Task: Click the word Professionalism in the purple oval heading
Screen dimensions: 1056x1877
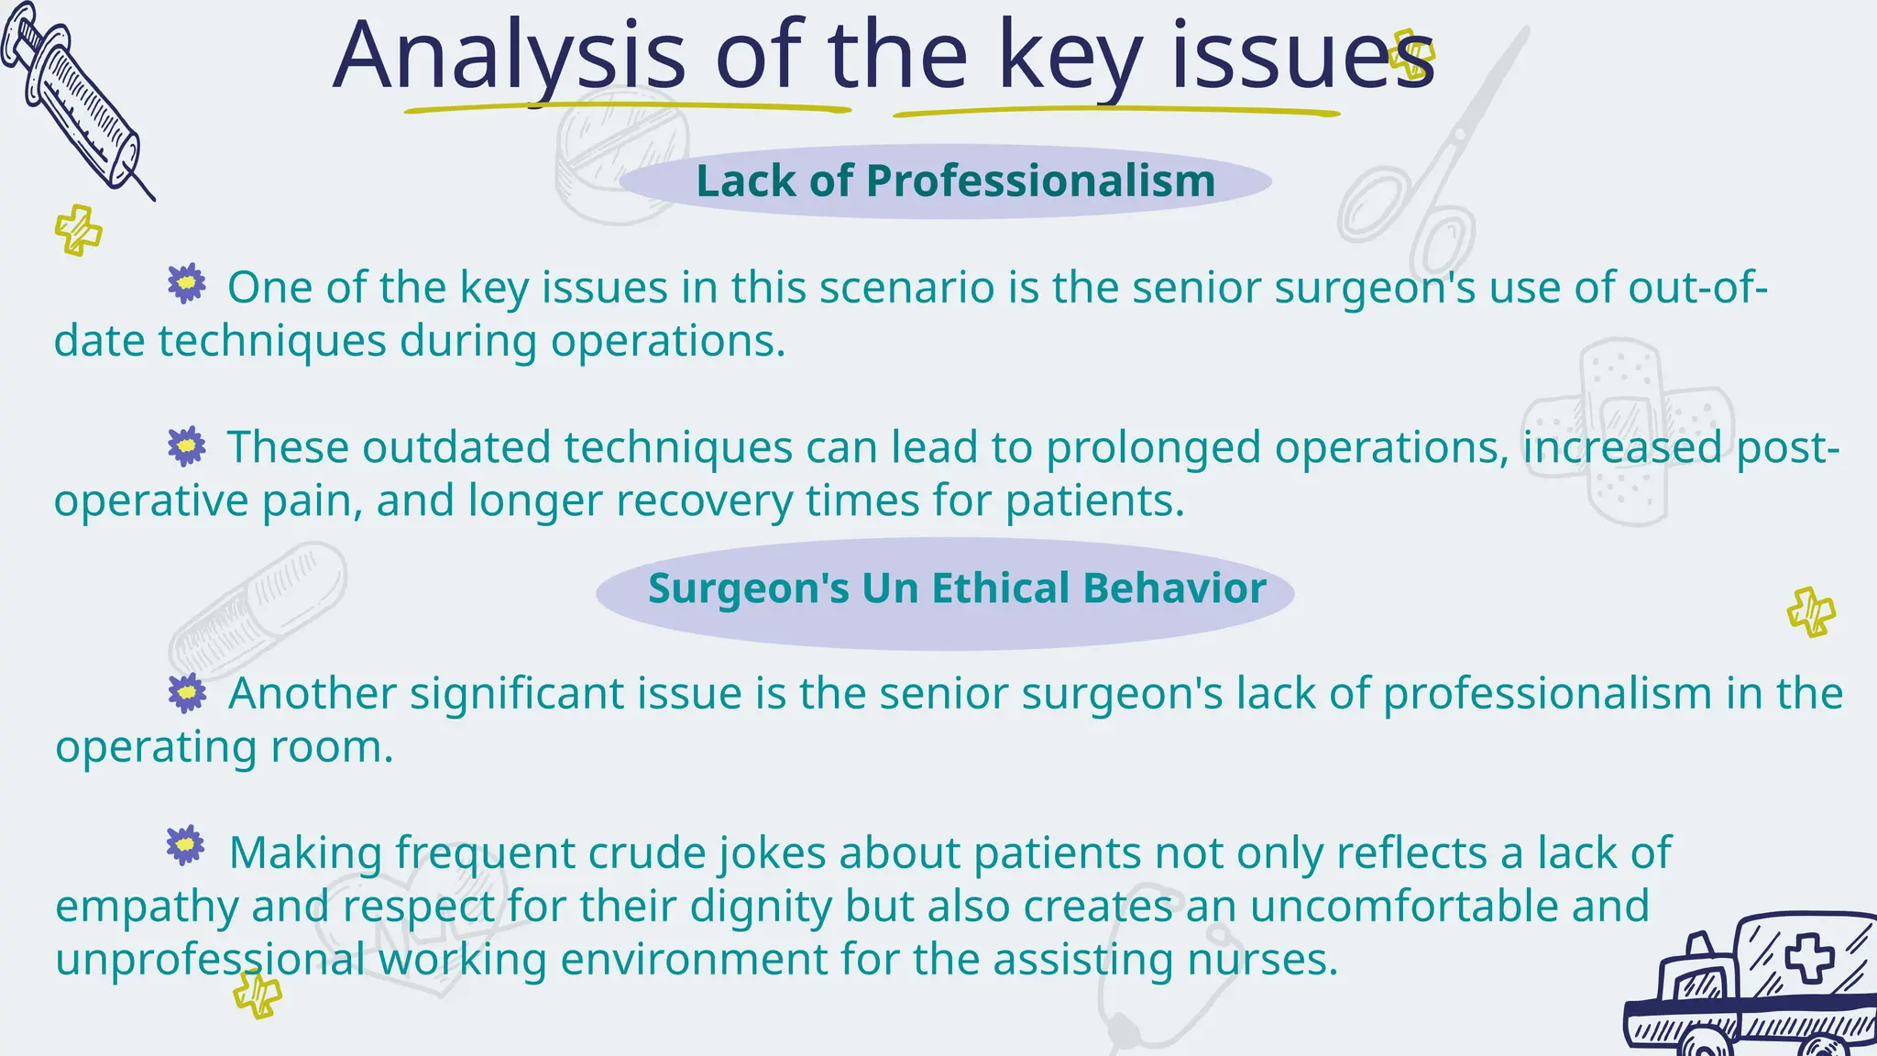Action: (1040, 181)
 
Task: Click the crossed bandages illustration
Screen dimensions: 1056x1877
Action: (1627, 431)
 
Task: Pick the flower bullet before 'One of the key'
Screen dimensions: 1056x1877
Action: (187, 284)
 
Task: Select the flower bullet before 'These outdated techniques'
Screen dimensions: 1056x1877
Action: (187, 446)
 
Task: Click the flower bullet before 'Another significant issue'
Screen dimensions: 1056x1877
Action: (187, 693)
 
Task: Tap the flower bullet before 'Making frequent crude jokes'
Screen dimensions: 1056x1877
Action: (186, 846)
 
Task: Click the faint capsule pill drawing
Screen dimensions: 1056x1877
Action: (258, 610)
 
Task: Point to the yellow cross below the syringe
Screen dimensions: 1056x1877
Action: (78, 229)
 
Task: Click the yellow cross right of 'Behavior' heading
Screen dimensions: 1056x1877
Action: (1811, 612)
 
